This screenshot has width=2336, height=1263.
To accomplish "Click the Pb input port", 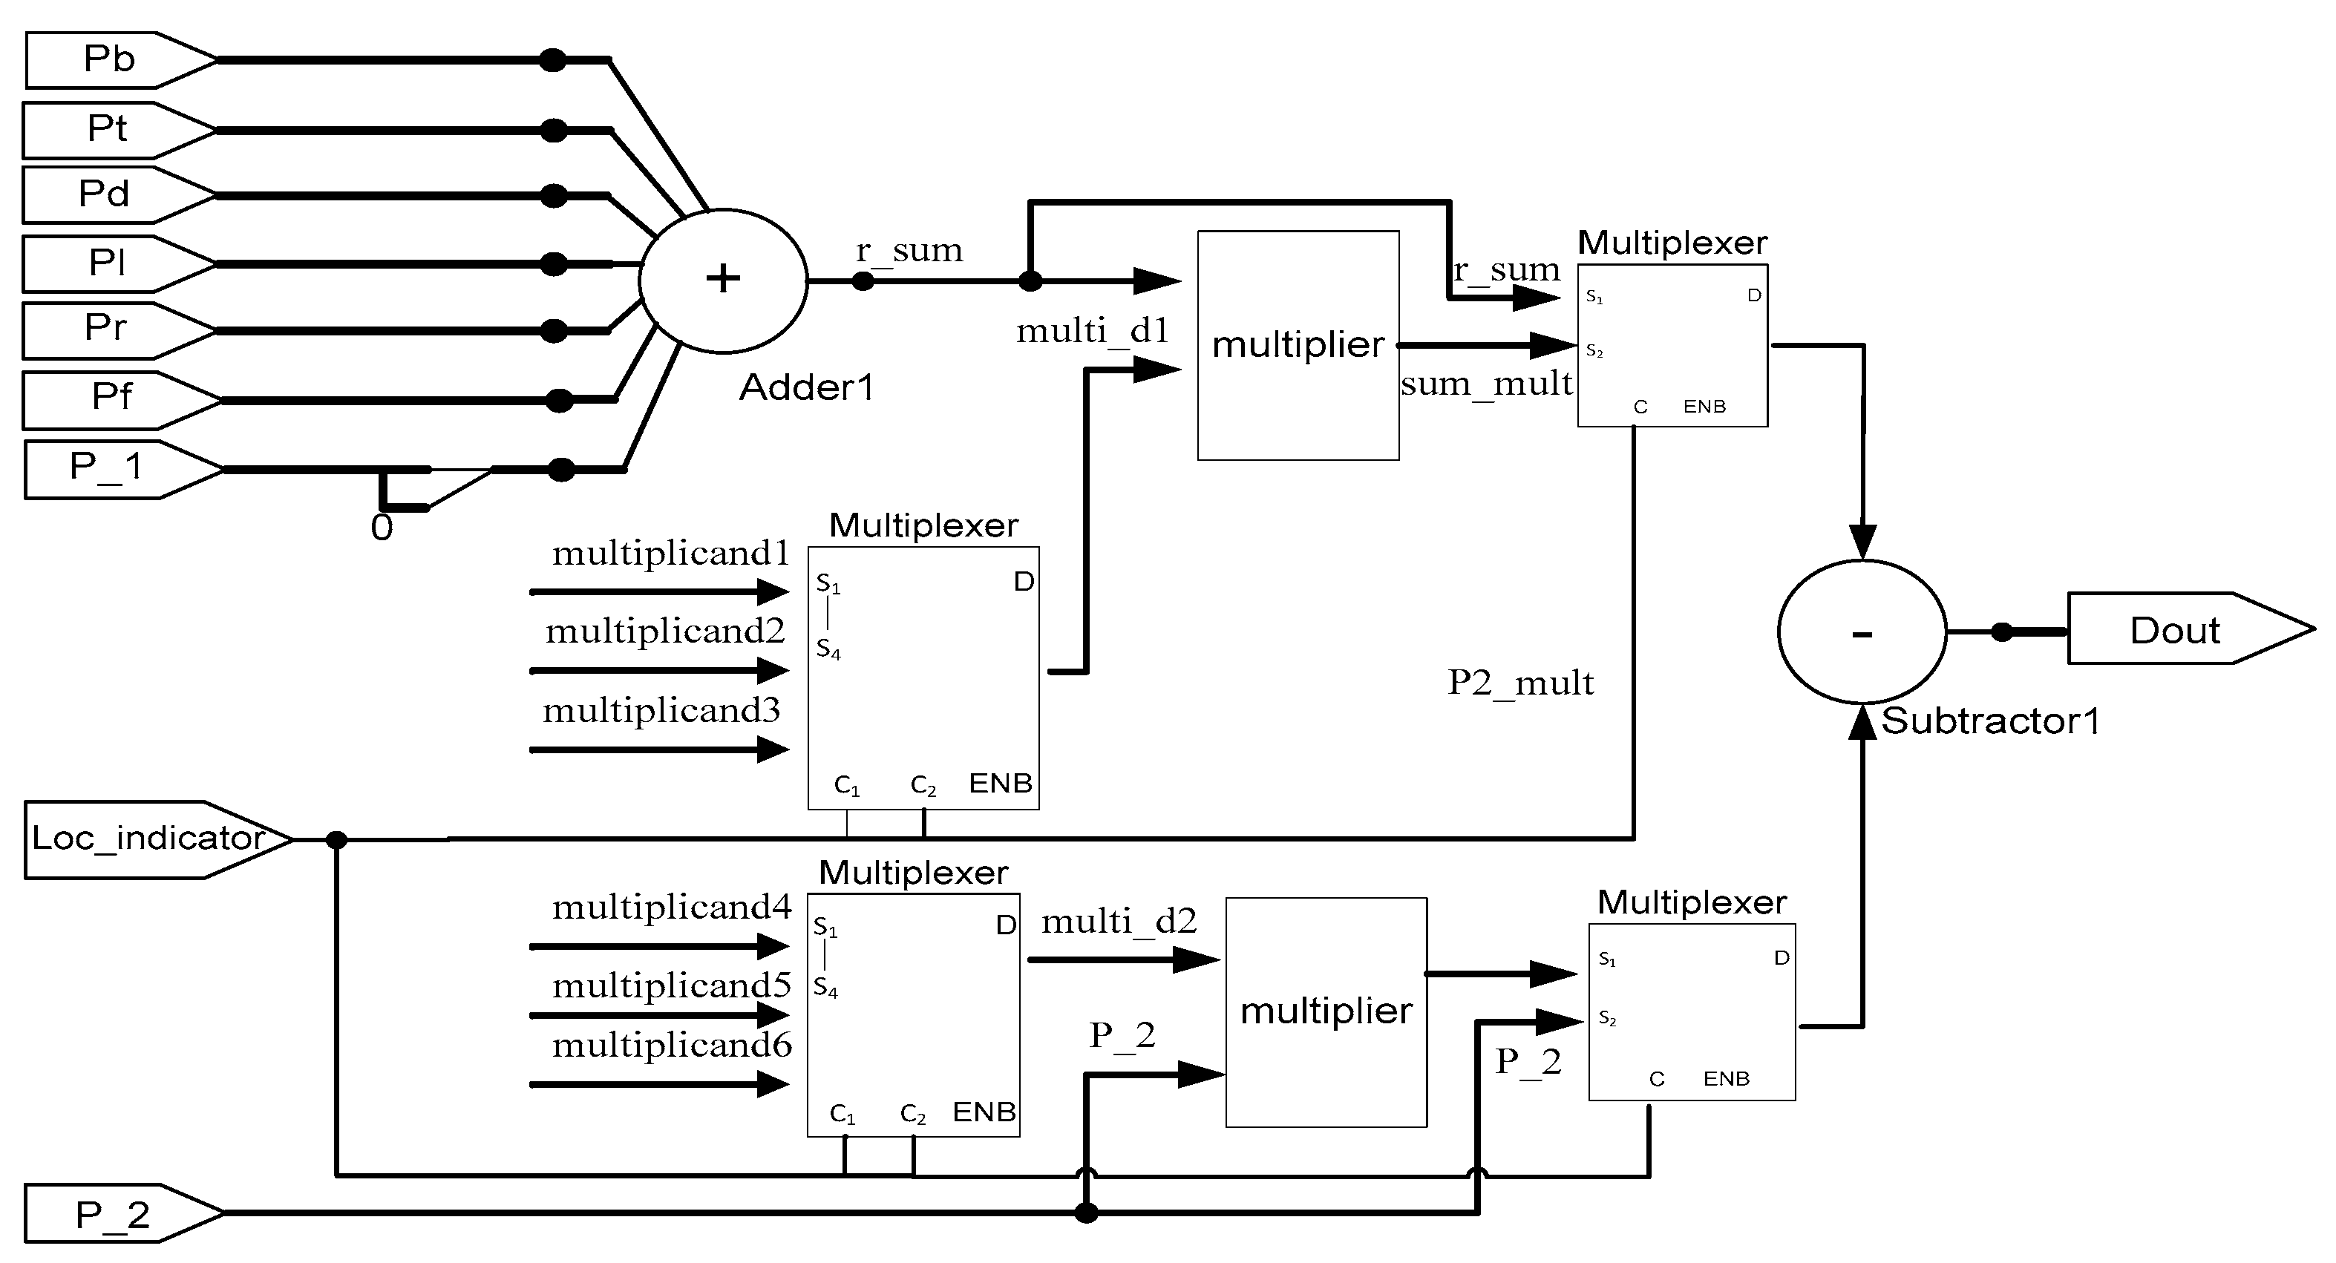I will coord(114,60).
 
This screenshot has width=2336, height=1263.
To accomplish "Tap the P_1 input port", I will coord(114,469).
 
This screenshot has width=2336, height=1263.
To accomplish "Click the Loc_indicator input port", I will coord(150,839).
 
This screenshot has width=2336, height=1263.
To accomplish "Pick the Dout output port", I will coord(2176,629).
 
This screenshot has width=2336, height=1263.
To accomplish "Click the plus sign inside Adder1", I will coord(723,278).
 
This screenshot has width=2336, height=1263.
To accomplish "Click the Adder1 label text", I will coord(806,388).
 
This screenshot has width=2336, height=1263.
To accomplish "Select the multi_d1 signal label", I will coord(1093,331).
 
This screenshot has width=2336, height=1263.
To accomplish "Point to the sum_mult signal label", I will coord(1485,384).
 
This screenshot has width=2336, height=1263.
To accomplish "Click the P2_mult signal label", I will coord(1520,683).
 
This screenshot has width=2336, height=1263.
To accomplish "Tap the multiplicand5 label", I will coord(672,985).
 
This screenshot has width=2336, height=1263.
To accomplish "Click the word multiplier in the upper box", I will coord(1298,344).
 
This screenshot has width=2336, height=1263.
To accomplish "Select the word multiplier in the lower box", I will coord(1326,1011).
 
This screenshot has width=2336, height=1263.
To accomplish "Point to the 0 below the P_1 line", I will coord(382,528).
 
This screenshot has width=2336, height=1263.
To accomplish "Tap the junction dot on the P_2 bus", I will coord(1085,1213).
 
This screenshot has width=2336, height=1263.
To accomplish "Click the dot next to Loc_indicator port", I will coord(336,839).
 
